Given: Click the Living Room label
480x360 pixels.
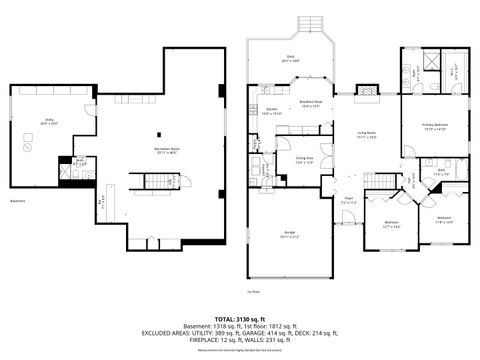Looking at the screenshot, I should tap(366, 136).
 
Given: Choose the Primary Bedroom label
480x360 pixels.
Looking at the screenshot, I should tap(435, 126).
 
